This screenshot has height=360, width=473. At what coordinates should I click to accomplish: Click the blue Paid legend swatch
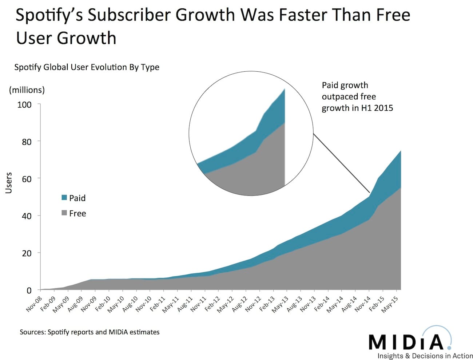(x=64, y=198)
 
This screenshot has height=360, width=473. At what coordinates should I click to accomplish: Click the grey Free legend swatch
(x=64, y=213)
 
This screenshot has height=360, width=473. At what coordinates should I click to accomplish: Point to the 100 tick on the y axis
(x=25, y=105)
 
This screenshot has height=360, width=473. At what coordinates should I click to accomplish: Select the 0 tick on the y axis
(x=29, y=290)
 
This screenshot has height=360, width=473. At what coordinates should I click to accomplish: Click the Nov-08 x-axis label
(x=34, y=304)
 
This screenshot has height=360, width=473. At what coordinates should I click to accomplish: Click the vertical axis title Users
(x=9, y=183)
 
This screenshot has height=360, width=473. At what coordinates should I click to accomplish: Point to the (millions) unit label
(x=27, y=90)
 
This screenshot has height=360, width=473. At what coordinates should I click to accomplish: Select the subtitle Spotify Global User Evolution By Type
(x=87, y=67)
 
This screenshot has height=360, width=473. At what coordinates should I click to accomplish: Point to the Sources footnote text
(x=90, y=332)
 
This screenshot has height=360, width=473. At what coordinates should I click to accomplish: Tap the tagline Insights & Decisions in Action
(x=425, y=356)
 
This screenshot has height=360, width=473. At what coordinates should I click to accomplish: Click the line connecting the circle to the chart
(x=341, y=163)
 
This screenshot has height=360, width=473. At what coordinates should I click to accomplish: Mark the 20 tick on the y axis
(x=27, y=253)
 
